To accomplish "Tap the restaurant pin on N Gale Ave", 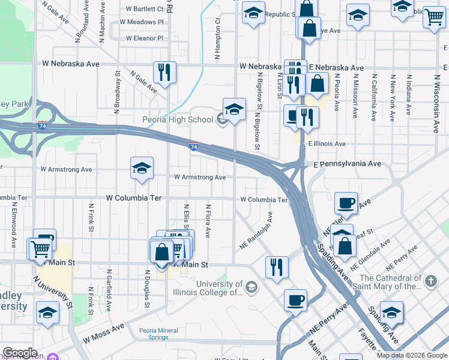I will pos(164,72).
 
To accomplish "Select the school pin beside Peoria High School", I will pos(234,109).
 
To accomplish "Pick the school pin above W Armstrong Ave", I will pos(142,169).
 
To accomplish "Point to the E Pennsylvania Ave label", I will pos(347,163).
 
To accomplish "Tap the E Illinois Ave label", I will pos(327,144).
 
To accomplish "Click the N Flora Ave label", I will pos(208,221).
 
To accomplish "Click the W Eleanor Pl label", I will pos(145,38).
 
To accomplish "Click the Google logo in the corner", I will pos(20,353).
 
